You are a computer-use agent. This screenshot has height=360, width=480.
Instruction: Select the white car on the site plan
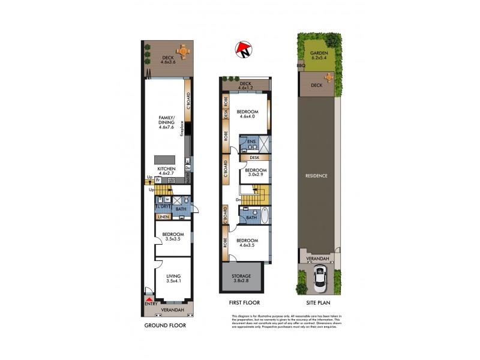320,278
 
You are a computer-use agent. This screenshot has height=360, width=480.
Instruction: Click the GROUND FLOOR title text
165,326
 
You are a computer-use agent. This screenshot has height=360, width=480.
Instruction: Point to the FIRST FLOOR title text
244,303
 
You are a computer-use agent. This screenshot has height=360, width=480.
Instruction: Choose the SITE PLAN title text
320,303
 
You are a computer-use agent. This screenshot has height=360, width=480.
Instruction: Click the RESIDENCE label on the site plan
317,176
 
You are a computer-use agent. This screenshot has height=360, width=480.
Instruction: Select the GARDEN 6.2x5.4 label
319,56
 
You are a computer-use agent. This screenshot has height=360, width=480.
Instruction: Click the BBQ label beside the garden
301,65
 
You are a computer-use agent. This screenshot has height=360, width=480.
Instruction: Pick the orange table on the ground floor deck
182,52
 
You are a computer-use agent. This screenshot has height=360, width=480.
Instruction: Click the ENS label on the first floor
251,142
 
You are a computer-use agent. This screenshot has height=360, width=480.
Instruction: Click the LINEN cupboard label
163,217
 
